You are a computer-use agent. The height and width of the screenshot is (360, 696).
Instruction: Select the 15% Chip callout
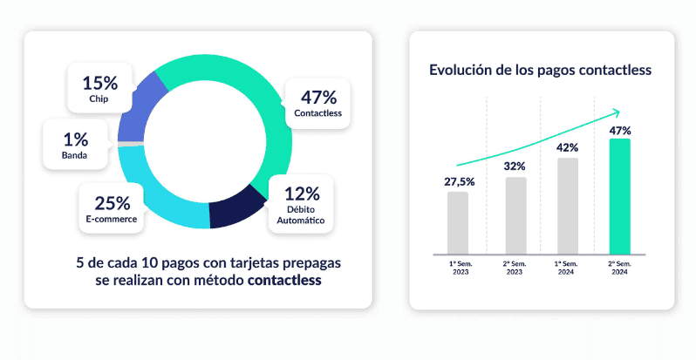pos(99,88)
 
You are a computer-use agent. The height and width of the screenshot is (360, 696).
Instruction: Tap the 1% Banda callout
pos(76,144)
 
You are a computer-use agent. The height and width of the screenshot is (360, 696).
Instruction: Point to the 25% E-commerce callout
pos(113,208)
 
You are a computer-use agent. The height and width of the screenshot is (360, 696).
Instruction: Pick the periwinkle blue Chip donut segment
pos(140,108)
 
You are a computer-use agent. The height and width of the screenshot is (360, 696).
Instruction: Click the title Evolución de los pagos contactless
pos(541,70)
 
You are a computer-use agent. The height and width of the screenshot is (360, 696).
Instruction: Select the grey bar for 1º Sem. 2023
pos(458,222)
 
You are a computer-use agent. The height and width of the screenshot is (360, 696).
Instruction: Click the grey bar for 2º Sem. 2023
pos(515,215)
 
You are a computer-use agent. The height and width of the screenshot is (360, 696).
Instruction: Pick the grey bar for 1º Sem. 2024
pos(568,205)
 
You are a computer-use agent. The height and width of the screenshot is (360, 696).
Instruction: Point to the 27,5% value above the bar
pos(458,181)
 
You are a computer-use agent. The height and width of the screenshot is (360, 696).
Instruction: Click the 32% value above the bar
pos(515,166)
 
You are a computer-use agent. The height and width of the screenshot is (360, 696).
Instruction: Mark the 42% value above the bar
pos(568,146)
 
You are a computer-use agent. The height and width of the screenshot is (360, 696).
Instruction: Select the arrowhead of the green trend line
pos(617,112)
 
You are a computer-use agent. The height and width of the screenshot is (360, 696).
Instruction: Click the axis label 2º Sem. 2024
pos(620,267)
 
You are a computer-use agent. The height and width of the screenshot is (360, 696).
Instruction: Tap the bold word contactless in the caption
pos(284,281)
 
